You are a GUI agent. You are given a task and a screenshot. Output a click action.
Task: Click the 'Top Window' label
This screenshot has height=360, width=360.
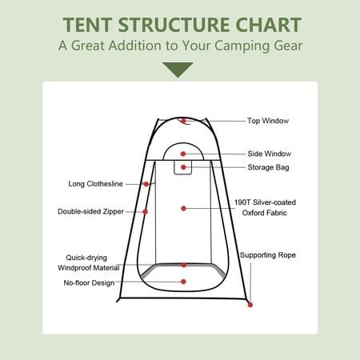pyautogui.click(x=268, y=121)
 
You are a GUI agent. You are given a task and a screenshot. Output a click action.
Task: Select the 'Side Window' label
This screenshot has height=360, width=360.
pyautogui.click(x=269, y=154)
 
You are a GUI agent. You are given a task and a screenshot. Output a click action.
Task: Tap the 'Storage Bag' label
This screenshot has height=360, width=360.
pyautogui.click(x=268, y=167)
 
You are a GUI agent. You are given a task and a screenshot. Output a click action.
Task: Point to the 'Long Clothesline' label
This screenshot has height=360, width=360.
pyautogui.click(x=95, y=184)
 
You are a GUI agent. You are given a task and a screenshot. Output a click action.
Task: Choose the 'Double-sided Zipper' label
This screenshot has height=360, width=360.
pyautogui.click(x=90, y=211)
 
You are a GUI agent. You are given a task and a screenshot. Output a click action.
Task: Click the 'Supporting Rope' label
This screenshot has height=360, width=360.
pyautogui.click(x=268, y=255)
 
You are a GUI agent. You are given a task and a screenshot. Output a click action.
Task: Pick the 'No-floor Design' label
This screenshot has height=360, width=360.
pyautogui.click(x=89, y=282)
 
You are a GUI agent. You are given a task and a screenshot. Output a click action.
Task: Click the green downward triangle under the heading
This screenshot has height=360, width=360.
pyautogui.click(x=178, y=69)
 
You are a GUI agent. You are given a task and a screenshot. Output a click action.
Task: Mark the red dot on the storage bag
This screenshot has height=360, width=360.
pyautogui.click(x=183, y=167)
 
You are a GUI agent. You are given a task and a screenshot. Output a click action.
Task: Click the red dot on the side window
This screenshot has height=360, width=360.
pyautogui.click(x=183, y=154)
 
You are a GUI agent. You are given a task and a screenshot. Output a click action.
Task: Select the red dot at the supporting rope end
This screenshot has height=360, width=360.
pyautogui.click(x=250, y=305)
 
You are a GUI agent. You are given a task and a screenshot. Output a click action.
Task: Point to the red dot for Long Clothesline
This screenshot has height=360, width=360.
pyautogui.click(x=146, y=184)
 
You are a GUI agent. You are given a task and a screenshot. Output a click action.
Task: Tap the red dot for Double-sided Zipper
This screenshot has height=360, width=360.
pyautogui.click(x=145, y=212)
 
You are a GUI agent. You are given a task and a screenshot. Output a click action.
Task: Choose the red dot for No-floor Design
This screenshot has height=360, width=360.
pyautogui.click(x=183, y=282)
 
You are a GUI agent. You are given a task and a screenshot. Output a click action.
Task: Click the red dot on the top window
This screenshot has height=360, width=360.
pyautogui.click(x=183, y=121)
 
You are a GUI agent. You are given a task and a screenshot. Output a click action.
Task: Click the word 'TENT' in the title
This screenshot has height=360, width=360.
pyautogui.click(x=87, y=25)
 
